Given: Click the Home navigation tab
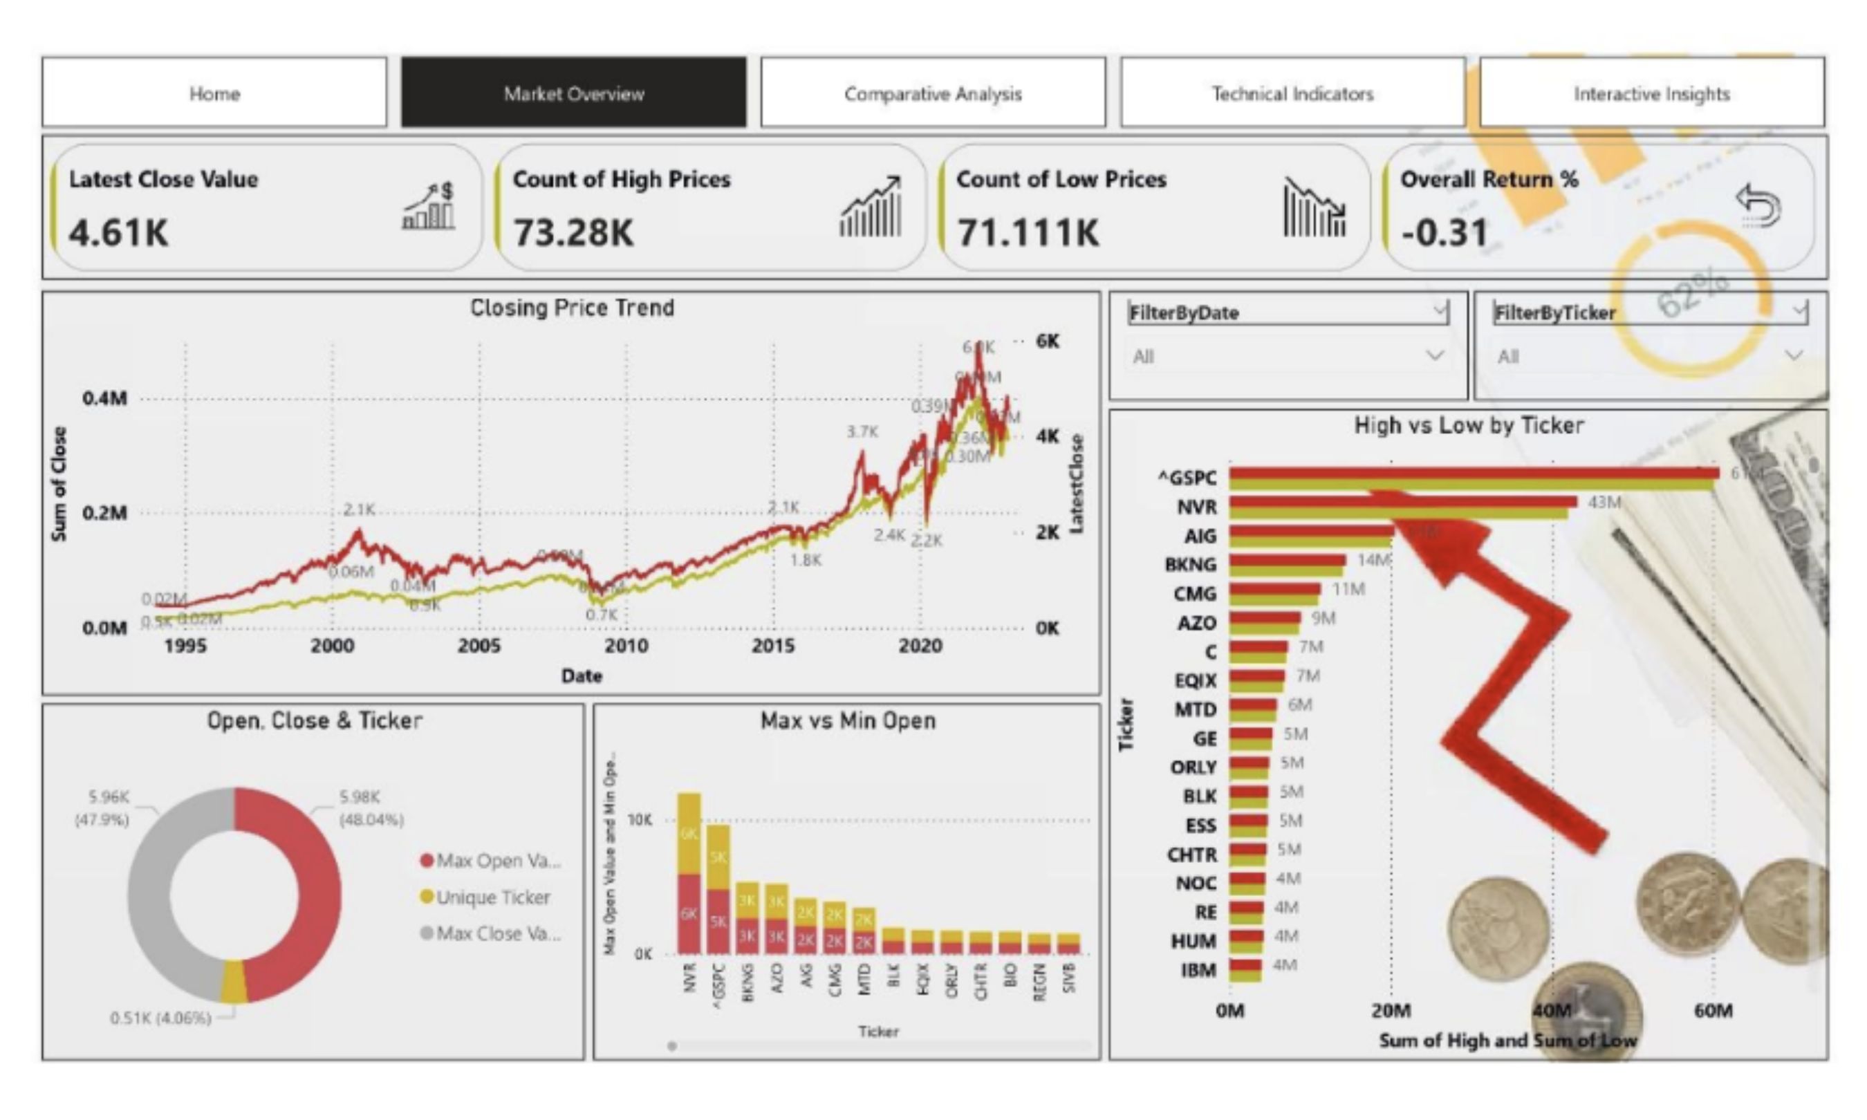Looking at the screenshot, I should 214,93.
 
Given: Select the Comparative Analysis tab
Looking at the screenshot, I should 933,93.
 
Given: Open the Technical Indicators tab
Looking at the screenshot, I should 1292,93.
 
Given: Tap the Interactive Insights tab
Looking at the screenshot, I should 1651,93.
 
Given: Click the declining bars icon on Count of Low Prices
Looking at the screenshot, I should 1314,207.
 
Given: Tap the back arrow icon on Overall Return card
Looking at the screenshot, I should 1758,205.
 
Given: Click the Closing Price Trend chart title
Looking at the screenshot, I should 572,308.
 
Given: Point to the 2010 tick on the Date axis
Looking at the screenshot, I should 626,646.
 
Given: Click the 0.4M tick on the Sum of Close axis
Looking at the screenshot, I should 105,398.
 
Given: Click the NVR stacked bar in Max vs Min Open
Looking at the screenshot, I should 689,875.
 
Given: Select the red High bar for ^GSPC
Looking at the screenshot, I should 1471,473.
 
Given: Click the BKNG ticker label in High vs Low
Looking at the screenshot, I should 1190,565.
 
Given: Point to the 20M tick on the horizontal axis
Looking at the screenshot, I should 1391,1011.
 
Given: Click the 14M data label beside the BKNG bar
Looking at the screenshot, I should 1373,560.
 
